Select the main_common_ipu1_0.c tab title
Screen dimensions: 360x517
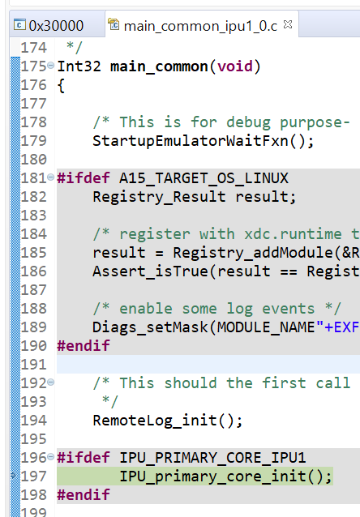pyautogui.click(x=200, y=26)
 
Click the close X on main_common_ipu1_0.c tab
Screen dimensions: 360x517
pyautogui.click(x=288, y=24)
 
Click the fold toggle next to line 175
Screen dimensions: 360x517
pyautogui.click(x=50, y=66)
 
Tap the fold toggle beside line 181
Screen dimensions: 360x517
pyautogui.click(x=50, y=177)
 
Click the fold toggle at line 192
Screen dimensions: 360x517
pyautogui.click(x=50, y=382)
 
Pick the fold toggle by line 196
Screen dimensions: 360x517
pyautogui.click(x=50, y=457)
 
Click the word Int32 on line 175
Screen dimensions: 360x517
pyautogui.click(x=79, y=66)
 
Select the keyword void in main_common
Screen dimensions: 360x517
pyautogui.click(x=235, y=66)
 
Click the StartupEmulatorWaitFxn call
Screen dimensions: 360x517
pyautogui.click(x=191, y=141)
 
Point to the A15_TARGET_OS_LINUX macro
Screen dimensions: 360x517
pyautogui.click(x=204, y=179)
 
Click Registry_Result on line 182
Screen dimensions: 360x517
pyautogui.click(x=160, y=197)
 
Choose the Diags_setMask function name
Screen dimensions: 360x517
pyautogui.click(x=150, y=327)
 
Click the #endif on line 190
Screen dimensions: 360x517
pyautogui.click(x=84, y=346)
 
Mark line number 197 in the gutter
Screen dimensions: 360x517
pyautogui.click(x=34, y=476)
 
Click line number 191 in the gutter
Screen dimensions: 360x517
pyautogui.click(x=34, y=365)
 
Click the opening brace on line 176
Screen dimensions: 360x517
pyautogui.click(x=61, y=86)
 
